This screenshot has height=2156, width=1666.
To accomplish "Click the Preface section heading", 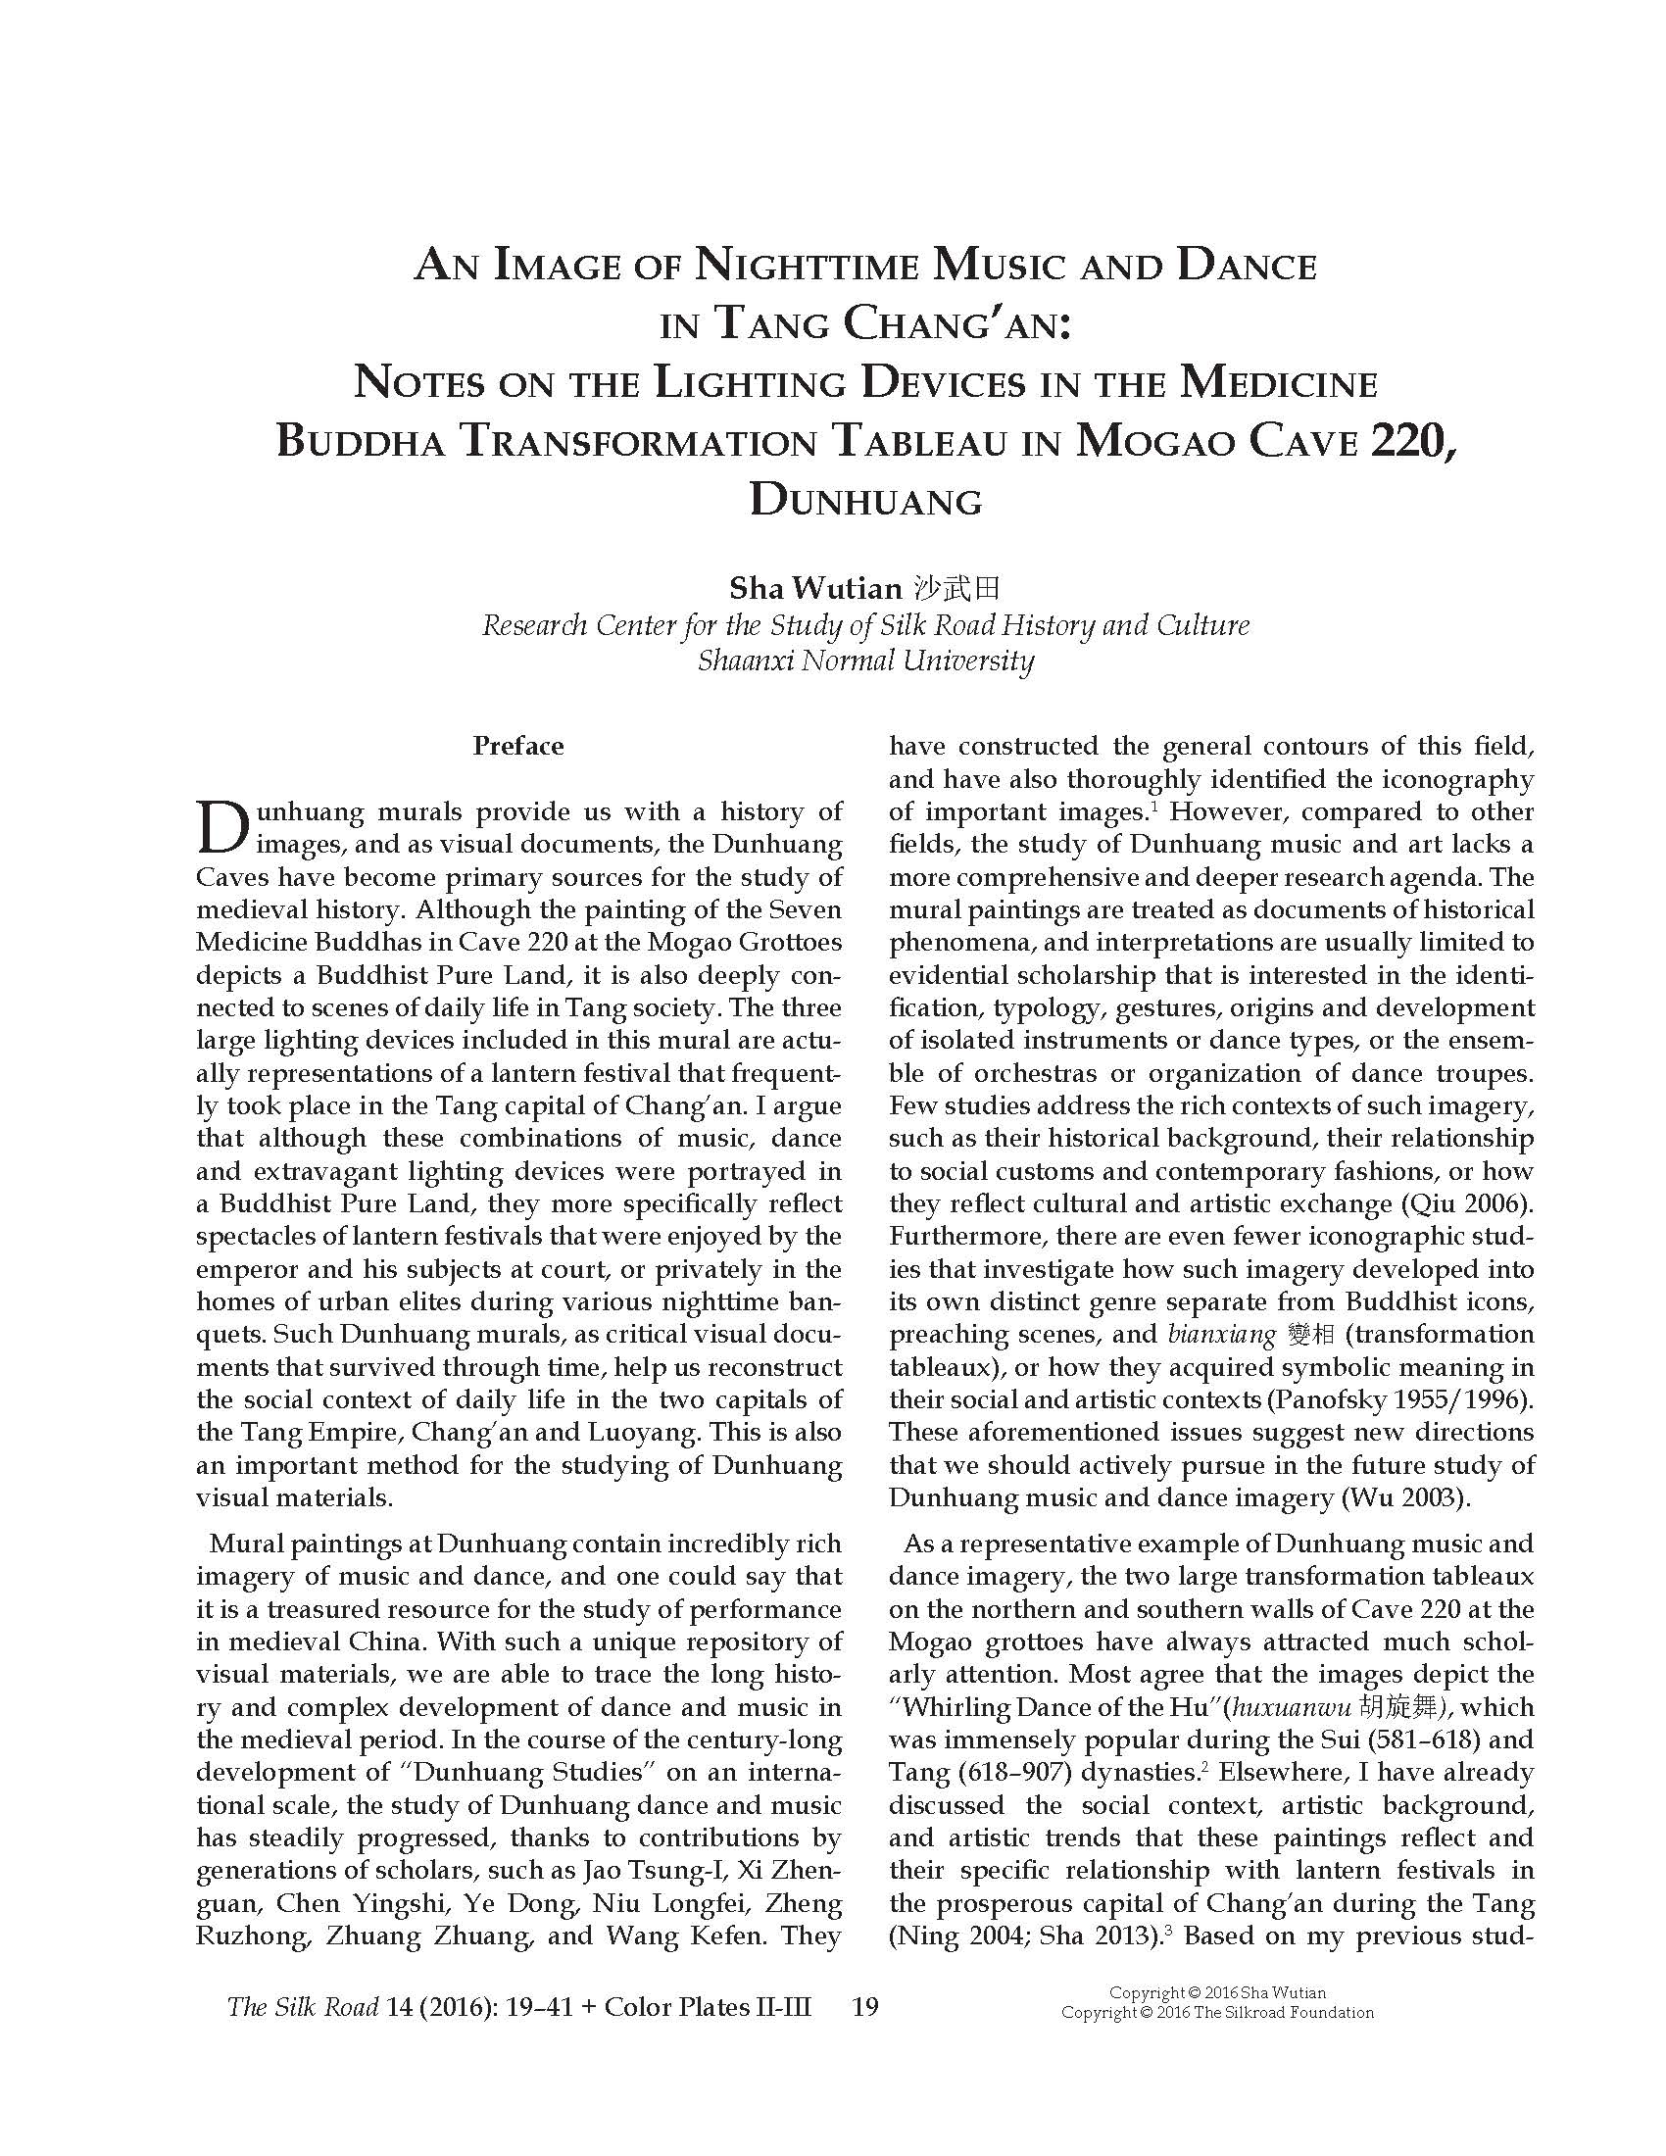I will click(518, 747).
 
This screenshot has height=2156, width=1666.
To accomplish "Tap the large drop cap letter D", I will click(222, 827).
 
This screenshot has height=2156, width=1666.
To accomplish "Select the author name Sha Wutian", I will click(815, 589).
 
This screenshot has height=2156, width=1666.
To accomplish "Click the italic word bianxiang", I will click(1222, 1335).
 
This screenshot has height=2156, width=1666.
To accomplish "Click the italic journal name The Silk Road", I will click(303, 2007).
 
